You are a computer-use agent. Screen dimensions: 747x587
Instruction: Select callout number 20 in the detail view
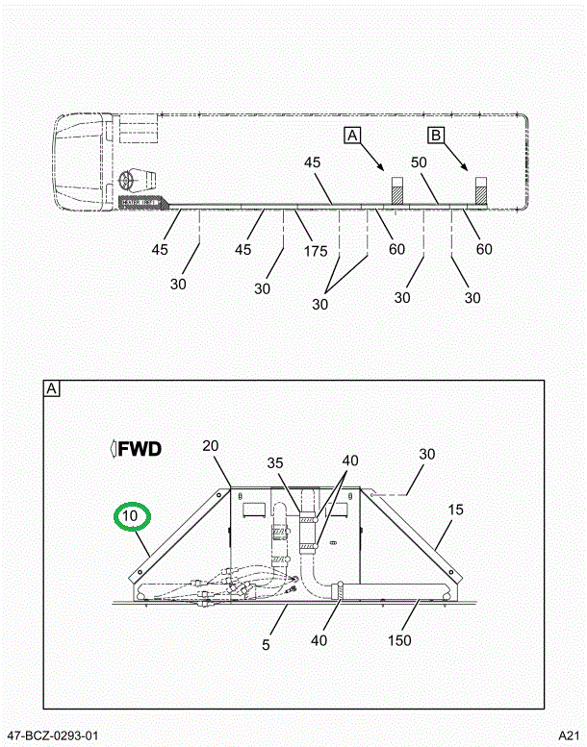(211, 445)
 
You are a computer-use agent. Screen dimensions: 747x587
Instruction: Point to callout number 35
(276, 462)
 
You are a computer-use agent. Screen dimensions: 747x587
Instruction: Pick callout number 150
(399, 640)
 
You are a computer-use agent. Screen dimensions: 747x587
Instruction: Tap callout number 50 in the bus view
(420, 163)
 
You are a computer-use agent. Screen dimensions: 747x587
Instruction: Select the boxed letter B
(436, 136)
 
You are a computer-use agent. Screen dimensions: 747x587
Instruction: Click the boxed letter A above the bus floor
(352, 136)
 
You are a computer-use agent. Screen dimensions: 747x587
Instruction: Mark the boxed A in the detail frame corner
(52, 389)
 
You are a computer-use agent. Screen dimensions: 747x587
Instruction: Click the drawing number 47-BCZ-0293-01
(50, 735)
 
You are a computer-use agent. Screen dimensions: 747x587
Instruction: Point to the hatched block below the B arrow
(481, 189)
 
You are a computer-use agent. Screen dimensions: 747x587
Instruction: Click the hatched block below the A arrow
(396, 189)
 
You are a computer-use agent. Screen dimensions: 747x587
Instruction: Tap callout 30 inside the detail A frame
(427, 455)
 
